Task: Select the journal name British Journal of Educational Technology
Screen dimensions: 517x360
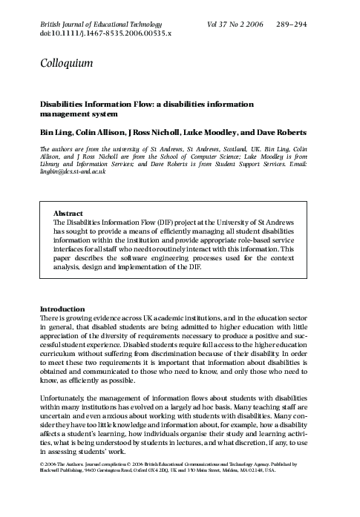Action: (106, 26)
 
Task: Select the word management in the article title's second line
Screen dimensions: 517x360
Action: (68, 115)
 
